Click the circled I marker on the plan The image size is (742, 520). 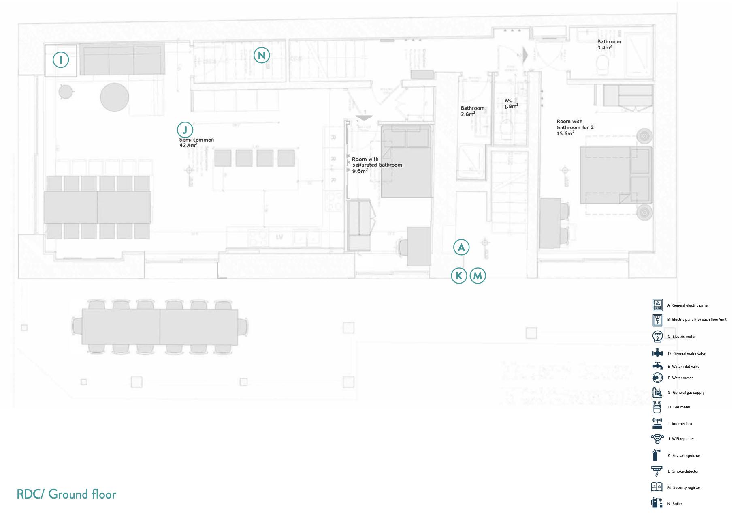61,60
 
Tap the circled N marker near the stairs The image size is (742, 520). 262,56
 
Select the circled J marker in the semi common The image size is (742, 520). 185,130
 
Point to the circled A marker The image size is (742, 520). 461,247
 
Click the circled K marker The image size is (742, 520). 459,276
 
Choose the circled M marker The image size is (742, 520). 478,276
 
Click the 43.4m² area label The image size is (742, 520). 188,145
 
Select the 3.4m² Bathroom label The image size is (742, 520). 604,47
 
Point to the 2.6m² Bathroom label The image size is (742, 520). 468,114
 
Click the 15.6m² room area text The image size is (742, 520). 565,133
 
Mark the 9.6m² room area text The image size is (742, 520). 360,171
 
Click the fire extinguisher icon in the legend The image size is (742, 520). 656,455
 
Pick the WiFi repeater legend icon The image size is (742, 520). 657,438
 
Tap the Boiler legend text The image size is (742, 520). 677,504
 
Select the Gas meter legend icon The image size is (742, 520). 657,407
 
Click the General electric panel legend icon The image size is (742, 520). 657,305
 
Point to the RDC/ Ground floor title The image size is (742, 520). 66,494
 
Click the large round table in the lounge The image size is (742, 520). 115,97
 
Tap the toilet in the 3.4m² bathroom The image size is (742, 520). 603,65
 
